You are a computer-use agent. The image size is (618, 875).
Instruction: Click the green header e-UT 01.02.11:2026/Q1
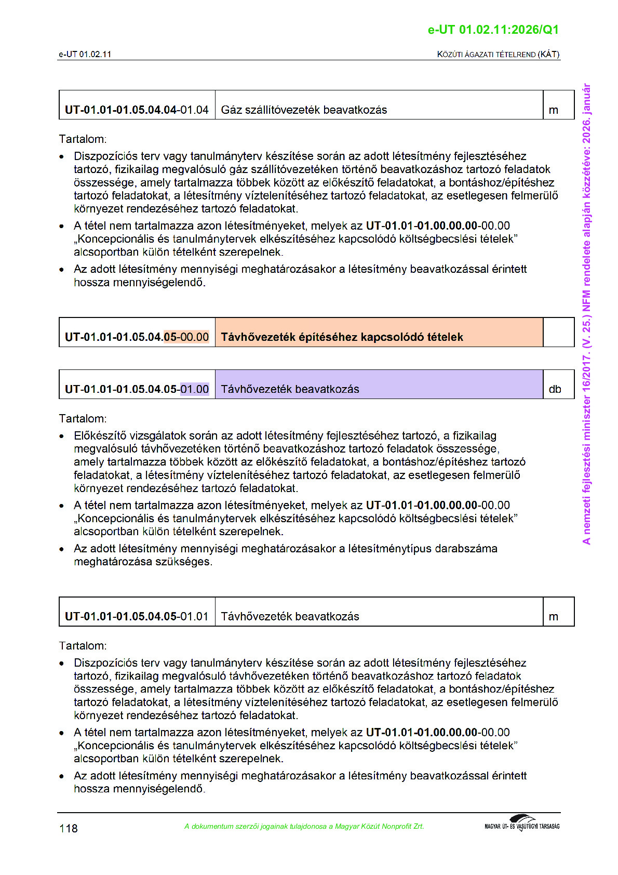[x=493, y=30]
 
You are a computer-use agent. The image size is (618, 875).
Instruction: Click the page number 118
[x=69, y=828]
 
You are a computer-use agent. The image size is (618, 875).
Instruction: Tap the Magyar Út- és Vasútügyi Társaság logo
[x=522, y=824]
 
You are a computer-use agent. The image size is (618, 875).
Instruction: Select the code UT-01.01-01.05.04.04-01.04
[x=137, y=110]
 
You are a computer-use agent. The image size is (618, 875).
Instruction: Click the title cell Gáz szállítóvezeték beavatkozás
[x=304, y=110]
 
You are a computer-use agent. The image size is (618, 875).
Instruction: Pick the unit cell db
[x=555, y=389]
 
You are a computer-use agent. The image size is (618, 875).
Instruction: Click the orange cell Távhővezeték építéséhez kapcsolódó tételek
[x=342, y=337]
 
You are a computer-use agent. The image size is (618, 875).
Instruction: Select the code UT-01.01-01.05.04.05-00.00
[x=137, y=337]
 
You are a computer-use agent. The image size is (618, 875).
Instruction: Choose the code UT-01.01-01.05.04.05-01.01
[x=137, y=616]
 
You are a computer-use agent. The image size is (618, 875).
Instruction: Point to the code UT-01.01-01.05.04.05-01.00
[x=137, y=389]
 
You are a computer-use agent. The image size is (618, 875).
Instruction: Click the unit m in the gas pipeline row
[x=554, y=110]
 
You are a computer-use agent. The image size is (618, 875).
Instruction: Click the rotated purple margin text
[x=586, y=314]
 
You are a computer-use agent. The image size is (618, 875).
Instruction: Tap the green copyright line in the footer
[x=304, y=826]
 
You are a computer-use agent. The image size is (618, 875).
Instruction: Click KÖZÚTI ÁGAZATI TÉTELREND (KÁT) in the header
[x=498, y=54]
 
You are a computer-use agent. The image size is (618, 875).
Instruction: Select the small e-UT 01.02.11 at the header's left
[x=85, y=54]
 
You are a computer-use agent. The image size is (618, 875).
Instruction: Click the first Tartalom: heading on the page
[x=83, y=139]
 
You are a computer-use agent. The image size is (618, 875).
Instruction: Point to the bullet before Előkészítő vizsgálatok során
[x=62, y=436]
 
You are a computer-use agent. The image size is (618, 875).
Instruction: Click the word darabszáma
[x=466, y=549]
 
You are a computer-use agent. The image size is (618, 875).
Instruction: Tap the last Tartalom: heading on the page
[x=83, y=646]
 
